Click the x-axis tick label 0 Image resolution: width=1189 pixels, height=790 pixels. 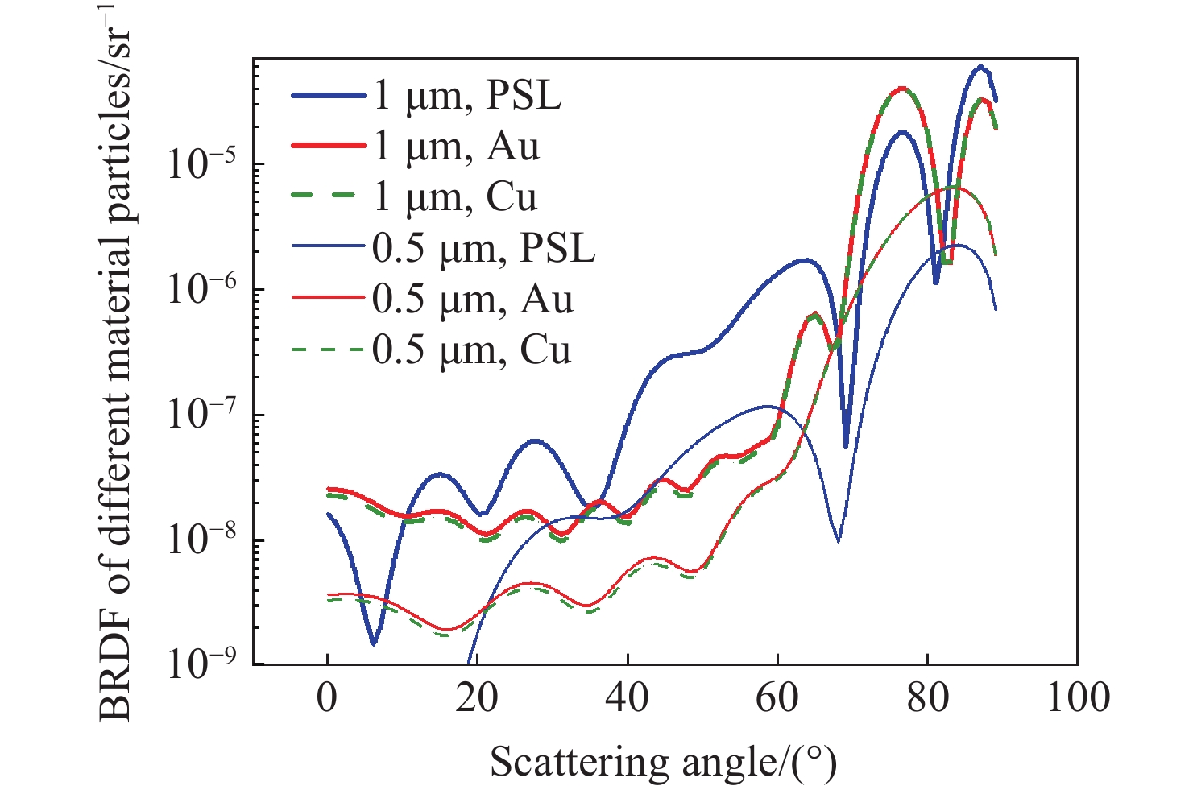[x=327, y=697]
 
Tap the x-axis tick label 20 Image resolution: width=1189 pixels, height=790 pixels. [x=477, y=697]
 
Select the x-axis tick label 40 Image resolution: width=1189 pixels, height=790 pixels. [x=627, y=697]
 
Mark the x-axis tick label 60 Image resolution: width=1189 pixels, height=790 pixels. [x=777, y=697]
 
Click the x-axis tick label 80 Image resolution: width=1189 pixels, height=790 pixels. [x=927, y=697]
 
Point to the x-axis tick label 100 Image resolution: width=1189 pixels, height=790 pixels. [x=1077, y=697]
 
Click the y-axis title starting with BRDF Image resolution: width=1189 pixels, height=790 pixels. [x=117, y=362]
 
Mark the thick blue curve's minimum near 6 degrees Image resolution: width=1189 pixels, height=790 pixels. [x=373, y=643]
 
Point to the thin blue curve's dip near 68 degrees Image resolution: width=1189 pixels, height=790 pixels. [x=839, y=541]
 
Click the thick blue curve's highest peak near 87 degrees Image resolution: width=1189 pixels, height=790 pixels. [x=980, y=67]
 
